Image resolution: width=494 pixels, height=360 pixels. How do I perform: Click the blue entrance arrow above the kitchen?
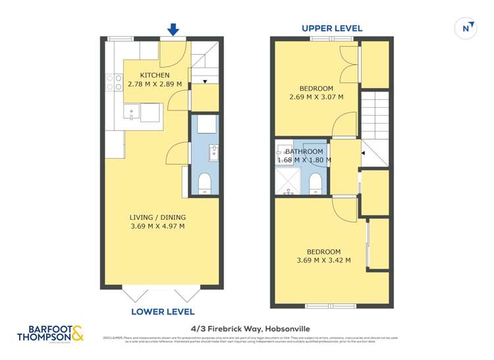pyautogui.click(x=173, y=30)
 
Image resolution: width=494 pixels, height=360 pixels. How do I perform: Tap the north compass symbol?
pyautogui.click(x=466, y=28)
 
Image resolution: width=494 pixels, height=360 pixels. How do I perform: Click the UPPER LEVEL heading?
pyautogui.click(x=332, y=28)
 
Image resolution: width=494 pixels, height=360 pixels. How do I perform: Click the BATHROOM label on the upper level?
pyautogui.click(x=304, y=151)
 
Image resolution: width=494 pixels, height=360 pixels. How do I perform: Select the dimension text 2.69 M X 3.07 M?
pyautogui.click(x=316, y=97)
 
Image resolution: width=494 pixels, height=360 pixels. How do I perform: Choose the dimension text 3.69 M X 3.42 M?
pyautogui.click(x=323, y=261)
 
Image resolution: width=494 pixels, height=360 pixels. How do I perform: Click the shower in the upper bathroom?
pyautogui.click(x=288, y=182)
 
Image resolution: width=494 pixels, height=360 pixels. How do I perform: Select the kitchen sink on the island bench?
pyautogui.click(x=132, y=113)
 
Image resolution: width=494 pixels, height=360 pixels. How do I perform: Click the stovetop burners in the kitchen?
pyautogui.click(x=109, y=82)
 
